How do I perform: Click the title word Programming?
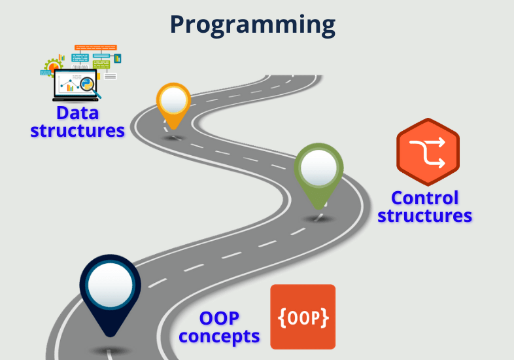point(252,24)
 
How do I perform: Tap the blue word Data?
point(77,113)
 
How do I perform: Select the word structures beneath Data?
point(77,130)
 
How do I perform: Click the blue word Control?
point(424,198)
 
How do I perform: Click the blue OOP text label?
point(219,319)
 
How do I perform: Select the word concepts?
point(219,336)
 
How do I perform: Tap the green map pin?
point(318,174)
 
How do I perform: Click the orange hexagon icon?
point(428,153)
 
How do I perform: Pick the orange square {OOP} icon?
point(303,317)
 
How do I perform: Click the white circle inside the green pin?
point(318,168)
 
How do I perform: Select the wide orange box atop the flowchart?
point(95,48)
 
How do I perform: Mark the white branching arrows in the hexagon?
point(428,152)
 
